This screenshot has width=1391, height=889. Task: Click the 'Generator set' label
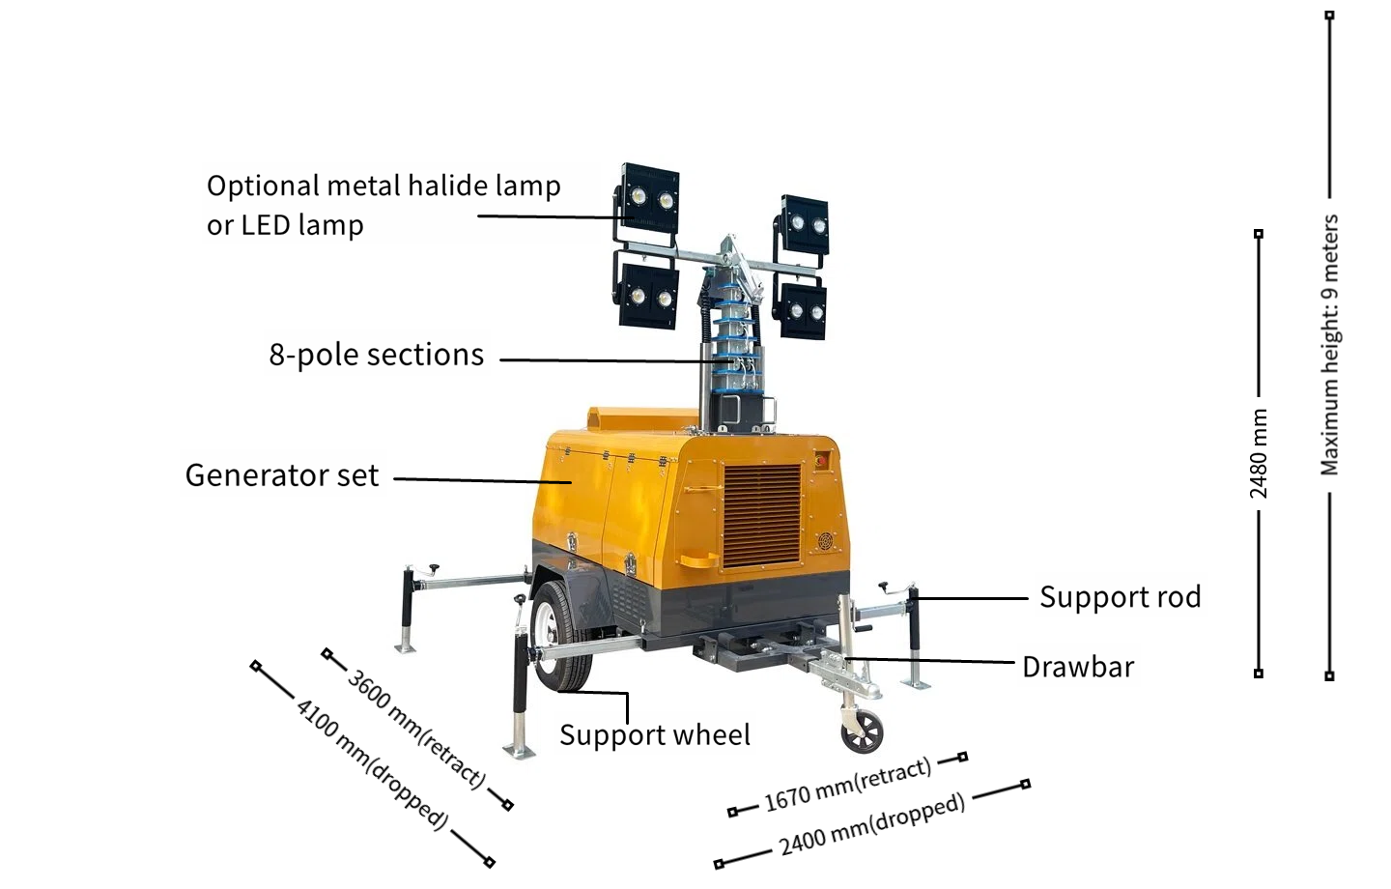pyautogui.click(x=282, y=475)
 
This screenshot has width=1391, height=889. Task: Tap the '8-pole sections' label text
pyautogui.click(x=377, y=356)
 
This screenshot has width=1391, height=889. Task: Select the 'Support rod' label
pyautogui.click(x=1121, y=597)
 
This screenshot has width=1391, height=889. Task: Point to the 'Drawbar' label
pyautogui.click(x=1078, y=667)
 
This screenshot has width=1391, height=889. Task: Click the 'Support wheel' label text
pyautogui.click(x=655, y=735)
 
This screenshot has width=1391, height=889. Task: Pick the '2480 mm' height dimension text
pyautogui.click(x=1258, y=453)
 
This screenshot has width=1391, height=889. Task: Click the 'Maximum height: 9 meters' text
pyautogui.click(x=1329, y=345)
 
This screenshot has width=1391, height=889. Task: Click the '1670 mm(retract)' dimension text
pyautogui.click(x=848, y=785)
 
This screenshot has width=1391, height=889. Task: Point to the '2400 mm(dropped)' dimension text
pyautogui.click(x=872, y=824)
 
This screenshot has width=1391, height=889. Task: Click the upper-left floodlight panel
pyautogui.click(x=650, y=196)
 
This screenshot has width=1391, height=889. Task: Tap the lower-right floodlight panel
pyautogui.click(x=805, y=310)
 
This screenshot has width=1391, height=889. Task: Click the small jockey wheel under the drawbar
pyautogui.click(x=862, y=731)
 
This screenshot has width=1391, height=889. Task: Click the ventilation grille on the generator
pyautogui.click(x=762, y=515)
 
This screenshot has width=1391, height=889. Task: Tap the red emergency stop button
pyautogui.click(x=821, y=460)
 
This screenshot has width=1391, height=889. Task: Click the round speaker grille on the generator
pyautogui.click(x=825, y=541)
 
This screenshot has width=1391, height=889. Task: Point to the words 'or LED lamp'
pyautogui.click(x=285, y=225)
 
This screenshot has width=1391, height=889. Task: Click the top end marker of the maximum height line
pyautogui.click(x=1329, y=14)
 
